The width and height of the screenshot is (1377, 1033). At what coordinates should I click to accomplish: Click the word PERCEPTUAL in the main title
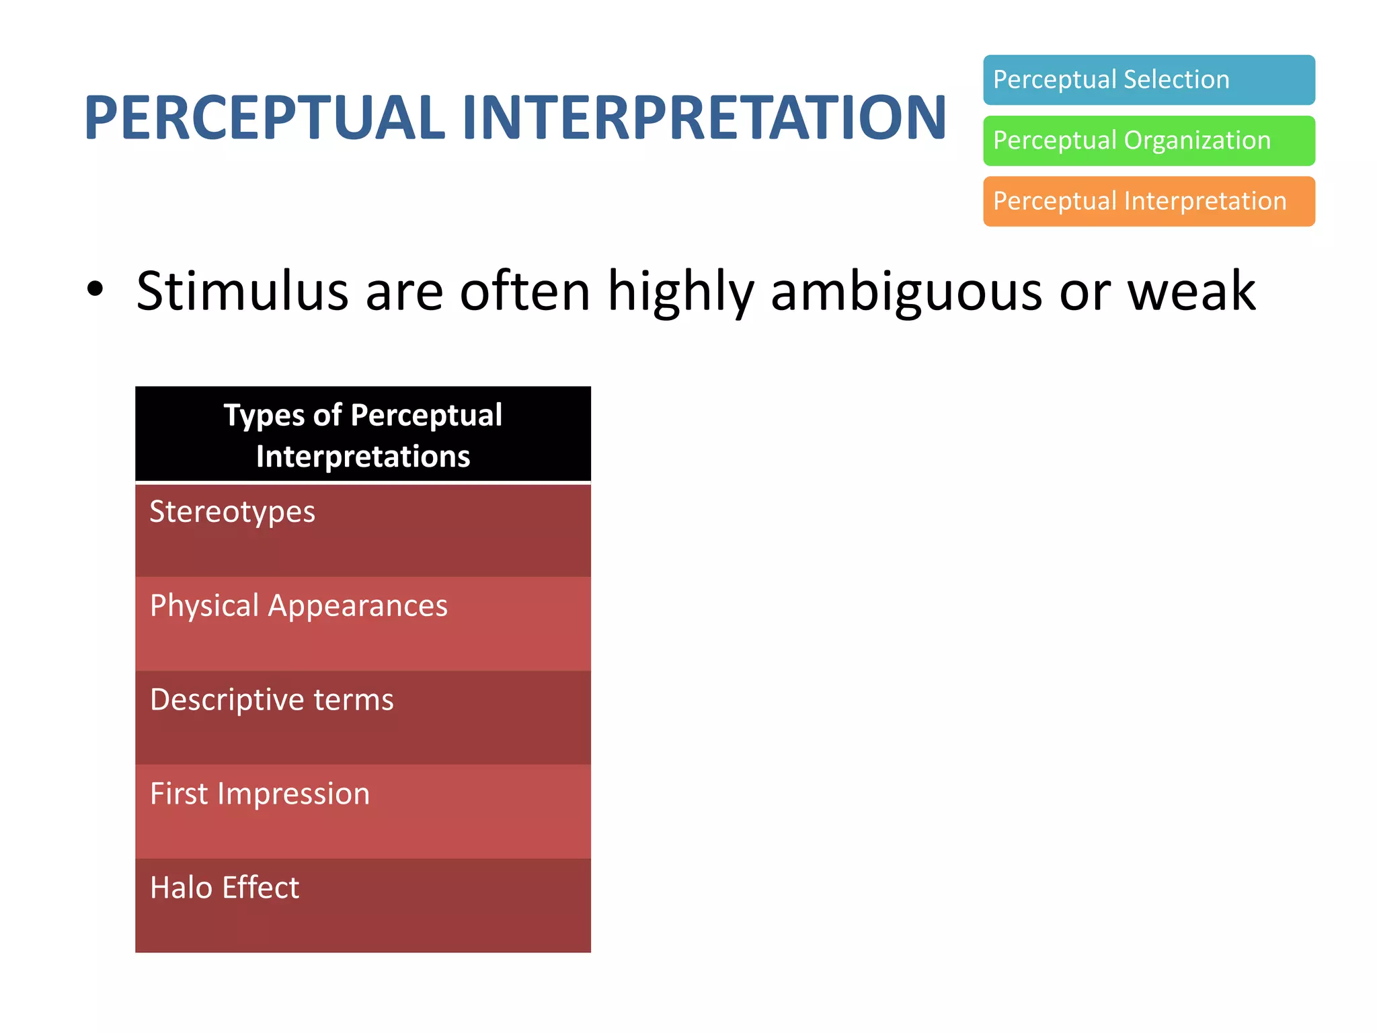point(264,118)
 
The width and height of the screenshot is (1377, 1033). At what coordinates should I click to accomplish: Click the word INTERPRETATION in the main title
point(704,118)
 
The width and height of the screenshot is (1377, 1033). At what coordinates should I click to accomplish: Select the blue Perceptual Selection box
point(1148,80)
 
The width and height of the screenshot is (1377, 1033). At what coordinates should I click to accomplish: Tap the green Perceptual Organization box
point(1148,141)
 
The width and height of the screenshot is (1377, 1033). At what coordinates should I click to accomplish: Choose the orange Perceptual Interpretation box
point(1148,201)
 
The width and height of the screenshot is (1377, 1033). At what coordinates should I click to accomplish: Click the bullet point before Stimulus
point(95,289)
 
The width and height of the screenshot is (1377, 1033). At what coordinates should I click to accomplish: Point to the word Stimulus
point(242,291)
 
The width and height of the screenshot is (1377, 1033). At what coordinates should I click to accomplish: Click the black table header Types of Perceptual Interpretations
point(363,434)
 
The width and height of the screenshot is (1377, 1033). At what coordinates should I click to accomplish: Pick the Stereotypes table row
point(363,530)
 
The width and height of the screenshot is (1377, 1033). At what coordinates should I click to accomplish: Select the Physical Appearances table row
point(363,623)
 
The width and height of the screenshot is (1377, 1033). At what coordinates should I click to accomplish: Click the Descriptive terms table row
point(363,718)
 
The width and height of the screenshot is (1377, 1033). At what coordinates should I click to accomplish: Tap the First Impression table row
point(363,812)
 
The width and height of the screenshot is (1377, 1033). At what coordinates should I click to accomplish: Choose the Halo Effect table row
point(363,905)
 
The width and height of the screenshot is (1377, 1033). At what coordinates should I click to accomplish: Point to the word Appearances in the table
point(358,607)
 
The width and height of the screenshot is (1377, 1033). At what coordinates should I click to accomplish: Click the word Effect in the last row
point(260,888)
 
